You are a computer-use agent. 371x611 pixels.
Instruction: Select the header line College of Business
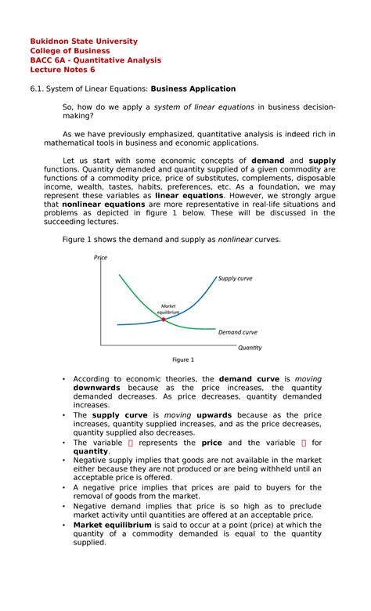[70, 51]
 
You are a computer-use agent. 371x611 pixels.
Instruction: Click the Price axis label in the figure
[100, 258]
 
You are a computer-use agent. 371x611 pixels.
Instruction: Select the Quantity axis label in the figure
[250, 347]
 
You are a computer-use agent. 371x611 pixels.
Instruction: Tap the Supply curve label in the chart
[236, 278]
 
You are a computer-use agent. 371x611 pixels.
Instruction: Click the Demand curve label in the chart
[237, 332]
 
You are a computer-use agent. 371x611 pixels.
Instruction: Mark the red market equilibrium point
[164, 320]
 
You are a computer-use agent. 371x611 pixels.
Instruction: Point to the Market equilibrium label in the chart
[168, 309]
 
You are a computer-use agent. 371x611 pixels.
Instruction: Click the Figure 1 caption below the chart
[182, 360]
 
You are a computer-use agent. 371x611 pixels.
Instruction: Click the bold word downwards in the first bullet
[96, 388]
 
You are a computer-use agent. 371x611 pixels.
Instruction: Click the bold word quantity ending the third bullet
[91, 451]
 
